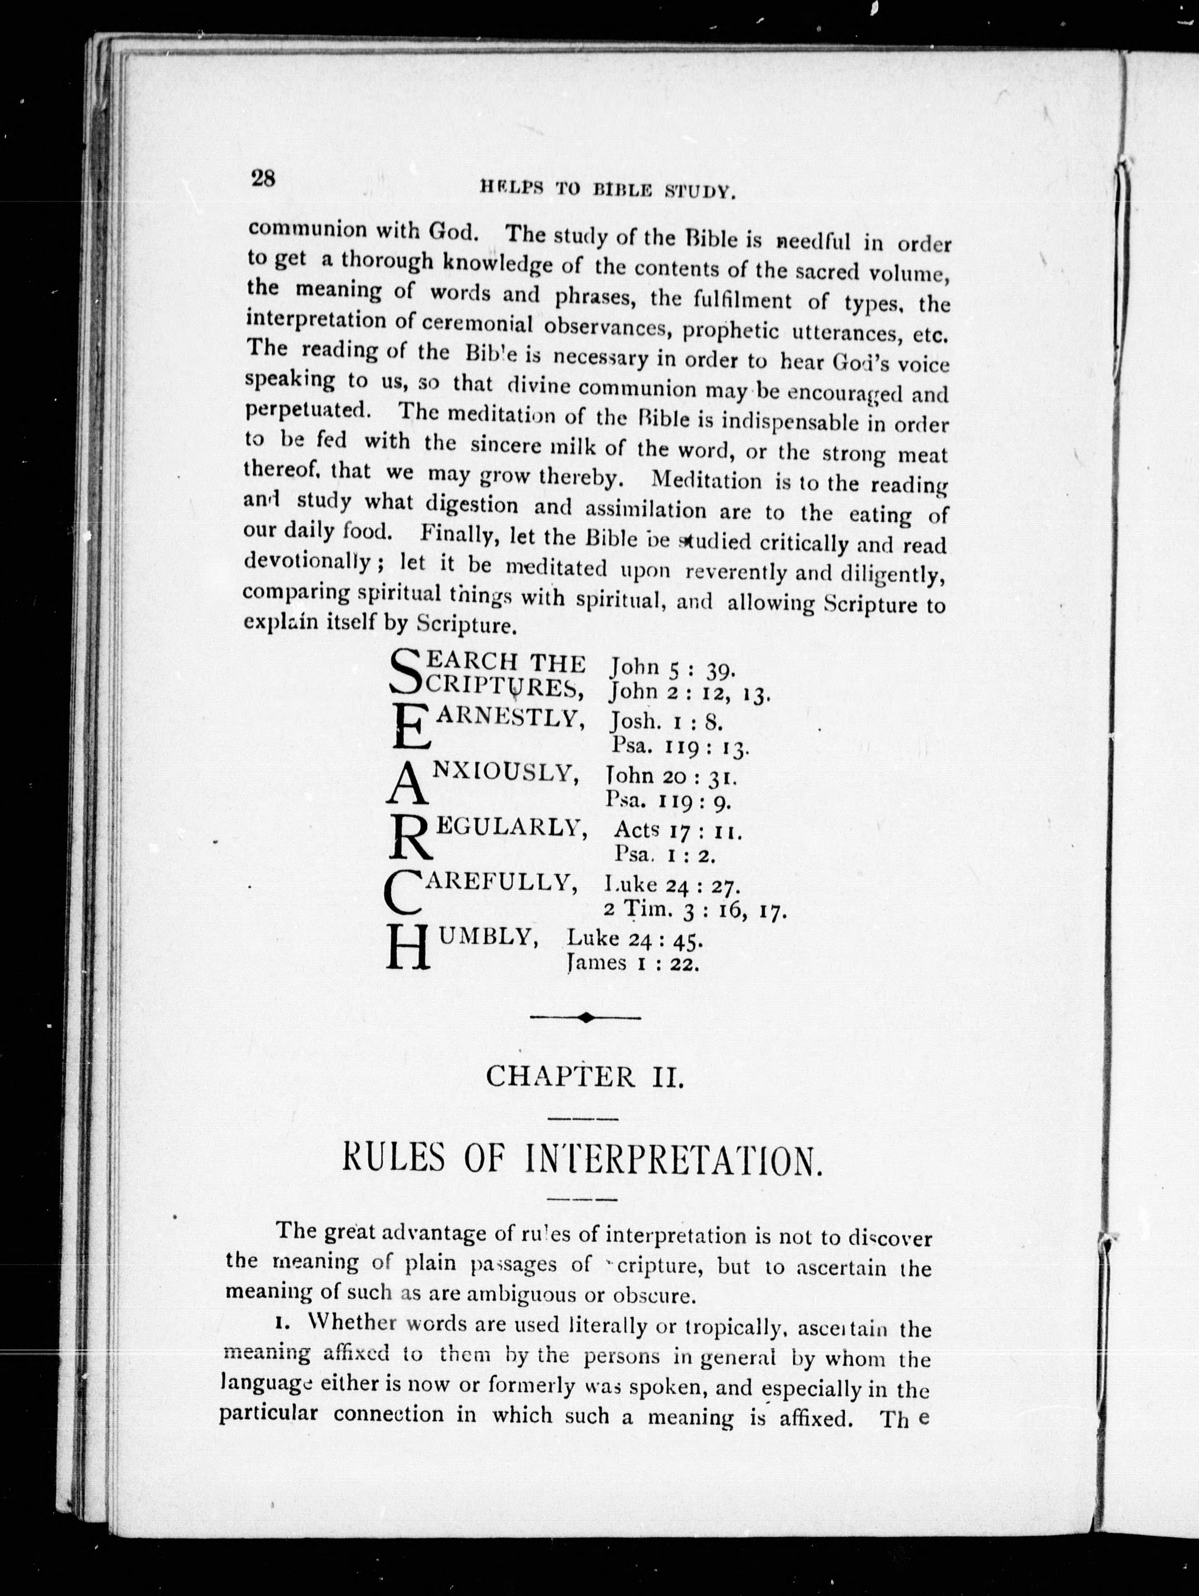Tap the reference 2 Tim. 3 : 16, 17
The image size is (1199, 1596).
click(x=695, y=911)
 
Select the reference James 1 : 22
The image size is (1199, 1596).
click(x=633, y=964)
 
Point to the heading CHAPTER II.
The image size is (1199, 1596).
click(x=584, y=1097)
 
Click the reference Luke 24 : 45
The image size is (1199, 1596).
click(x=635, y=938)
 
